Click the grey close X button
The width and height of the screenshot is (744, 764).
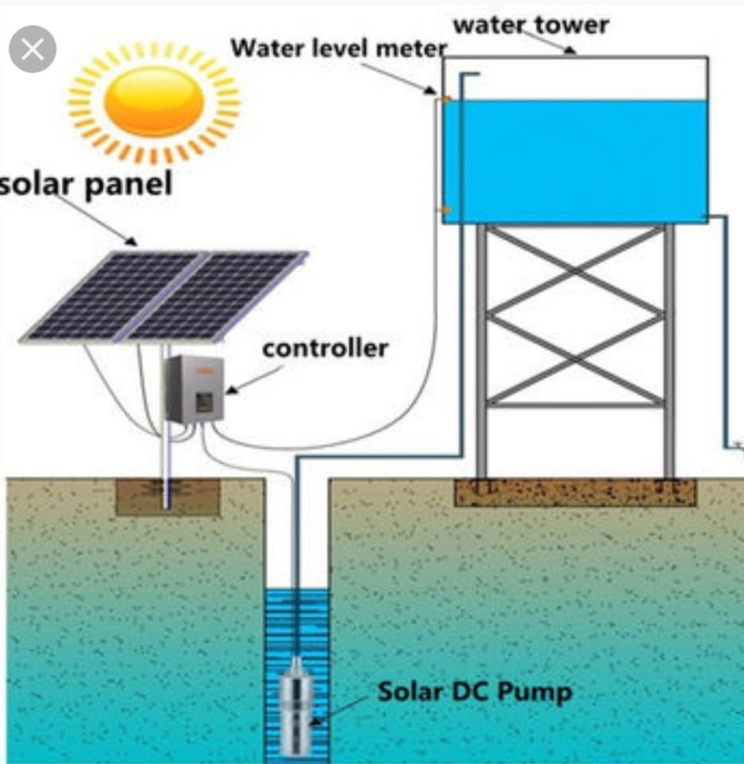click(33, 49)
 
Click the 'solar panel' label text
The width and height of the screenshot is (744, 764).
click(86, 185)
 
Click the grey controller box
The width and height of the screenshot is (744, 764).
click(194, 388)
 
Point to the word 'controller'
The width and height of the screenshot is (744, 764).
click(325, 348)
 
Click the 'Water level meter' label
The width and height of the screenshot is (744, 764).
click(338, 48)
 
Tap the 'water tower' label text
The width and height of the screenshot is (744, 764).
click(531, 25)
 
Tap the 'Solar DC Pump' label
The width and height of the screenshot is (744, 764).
click(474, 691)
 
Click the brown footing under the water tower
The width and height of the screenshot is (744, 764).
click(574, 492)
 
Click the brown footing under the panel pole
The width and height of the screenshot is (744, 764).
click(167, 497)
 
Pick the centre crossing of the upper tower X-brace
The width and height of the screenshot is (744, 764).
click(574, 271)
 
